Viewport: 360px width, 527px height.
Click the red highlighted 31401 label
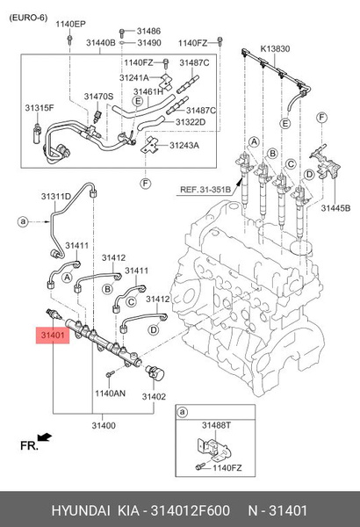53,336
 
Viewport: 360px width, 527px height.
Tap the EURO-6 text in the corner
28,18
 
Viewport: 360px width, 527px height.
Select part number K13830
275,48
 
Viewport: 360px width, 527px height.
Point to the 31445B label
335,208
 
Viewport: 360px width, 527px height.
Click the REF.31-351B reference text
205,190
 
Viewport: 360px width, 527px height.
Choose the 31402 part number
154,397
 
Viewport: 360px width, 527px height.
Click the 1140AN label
111,393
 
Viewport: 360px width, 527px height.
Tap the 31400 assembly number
104,425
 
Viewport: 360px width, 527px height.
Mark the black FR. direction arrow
45,437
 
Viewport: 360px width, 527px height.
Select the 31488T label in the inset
216,425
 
